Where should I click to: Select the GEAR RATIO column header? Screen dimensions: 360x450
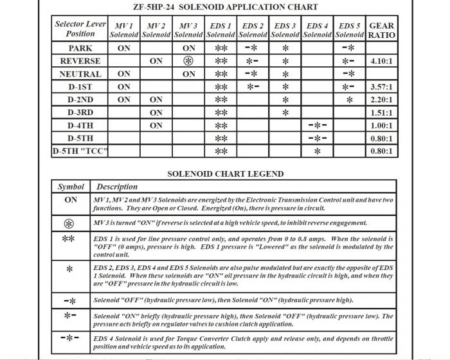point(382,30)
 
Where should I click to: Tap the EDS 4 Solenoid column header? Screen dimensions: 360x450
point(317,30)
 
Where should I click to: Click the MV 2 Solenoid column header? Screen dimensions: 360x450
point(156,30)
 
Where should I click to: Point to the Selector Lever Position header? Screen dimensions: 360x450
point(80,29)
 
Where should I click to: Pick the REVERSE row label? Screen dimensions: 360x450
point(80,61)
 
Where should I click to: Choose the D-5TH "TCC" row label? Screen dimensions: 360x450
point(80,152)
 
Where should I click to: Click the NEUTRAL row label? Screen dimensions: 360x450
point(80,74)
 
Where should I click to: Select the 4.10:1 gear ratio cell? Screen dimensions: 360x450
point(382,61)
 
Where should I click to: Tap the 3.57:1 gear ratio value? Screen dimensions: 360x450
point(382,87)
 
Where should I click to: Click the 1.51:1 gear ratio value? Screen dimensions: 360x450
point(382,113)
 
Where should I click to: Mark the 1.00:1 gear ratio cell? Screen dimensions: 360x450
point(382,126)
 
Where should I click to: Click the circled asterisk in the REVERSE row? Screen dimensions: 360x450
point(189,61)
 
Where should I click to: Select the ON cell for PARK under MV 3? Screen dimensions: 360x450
point(189,48)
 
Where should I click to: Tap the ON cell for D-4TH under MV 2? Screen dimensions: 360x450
point(156,126)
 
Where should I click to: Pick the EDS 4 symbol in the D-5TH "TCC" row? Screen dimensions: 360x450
point(317,152)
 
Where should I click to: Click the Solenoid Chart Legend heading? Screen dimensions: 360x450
point(225,174)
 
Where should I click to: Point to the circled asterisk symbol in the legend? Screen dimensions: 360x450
point(71,223)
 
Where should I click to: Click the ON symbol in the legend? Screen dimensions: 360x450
point(71,200)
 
